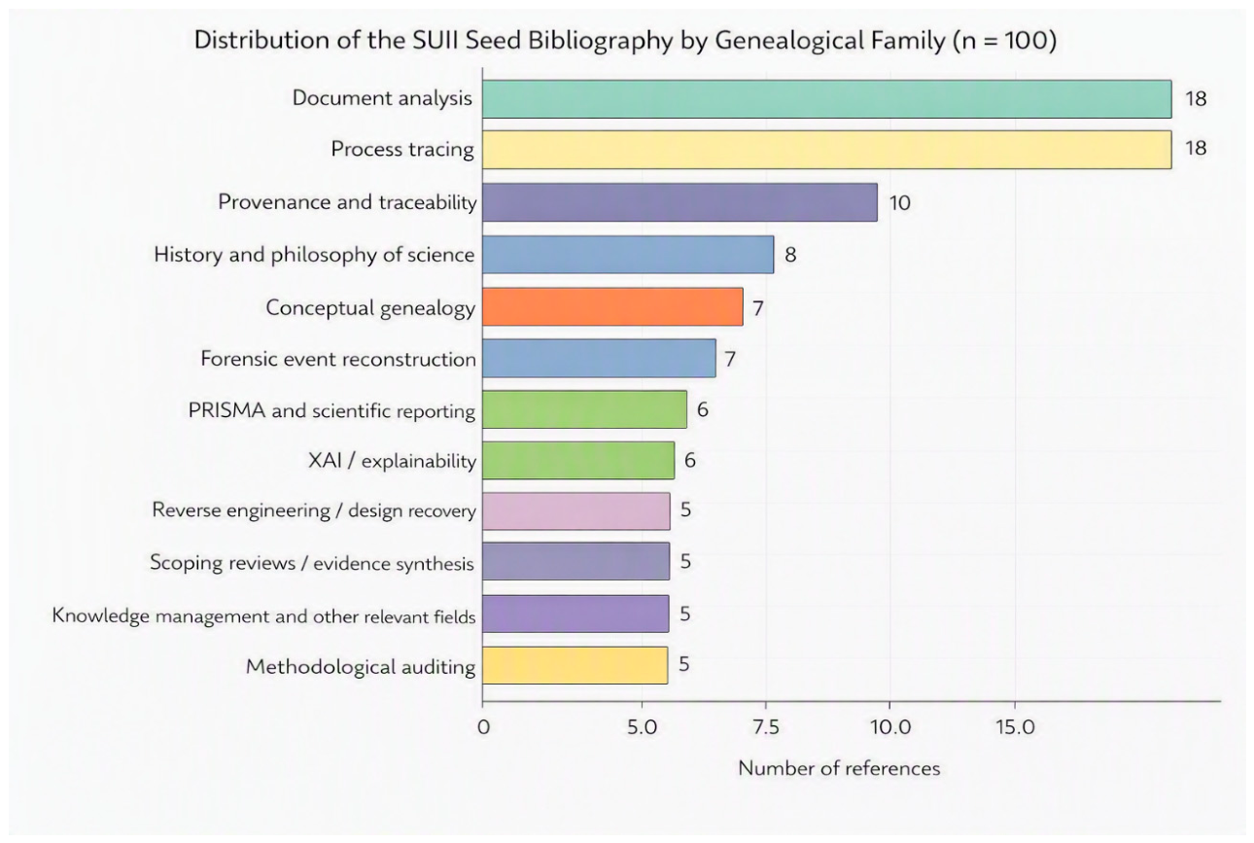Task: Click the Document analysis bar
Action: pyautogui.click(x=827, y=99)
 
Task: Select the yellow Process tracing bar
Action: pyautogui.click(x=827, y=150)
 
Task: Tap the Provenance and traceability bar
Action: pyautogui.click(x=679, y=202)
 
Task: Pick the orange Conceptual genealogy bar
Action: pyautogui.click(x=612, y=307)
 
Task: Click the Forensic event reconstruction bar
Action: pyautogui.click(x=599, y=359)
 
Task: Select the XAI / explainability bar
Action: pyautogui.click(x=578, y=461)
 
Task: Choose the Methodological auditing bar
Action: pyautogui.click(x=575, y=665)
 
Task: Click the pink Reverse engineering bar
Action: pyautogui.click(x=576, y=511)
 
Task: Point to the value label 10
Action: pyautogui.click(x=899, y=203)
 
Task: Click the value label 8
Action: pyautogui.click(x=790, y=255)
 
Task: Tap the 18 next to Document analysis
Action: pyautogui.click(x=1196, y=99)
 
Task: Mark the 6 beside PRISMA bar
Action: pyautogui.click(x=703, y=410)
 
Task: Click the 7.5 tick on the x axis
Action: pyautogui.click(x=766, y=727)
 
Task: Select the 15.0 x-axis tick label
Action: pyautogui.click(x=1015, y=727)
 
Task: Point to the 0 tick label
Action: pyautogui.click(x=483, y=727)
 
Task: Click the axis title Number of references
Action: pyautogui.click(x=839, y=768)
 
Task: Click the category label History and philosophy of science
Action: pyautogui.click(x=315, y=255)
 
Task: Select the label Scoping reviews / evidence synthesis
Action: pyautogui.click(x=312, y=562)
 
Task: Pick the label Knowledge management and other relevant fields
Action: pyautogui.click(x=263, y=615)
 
